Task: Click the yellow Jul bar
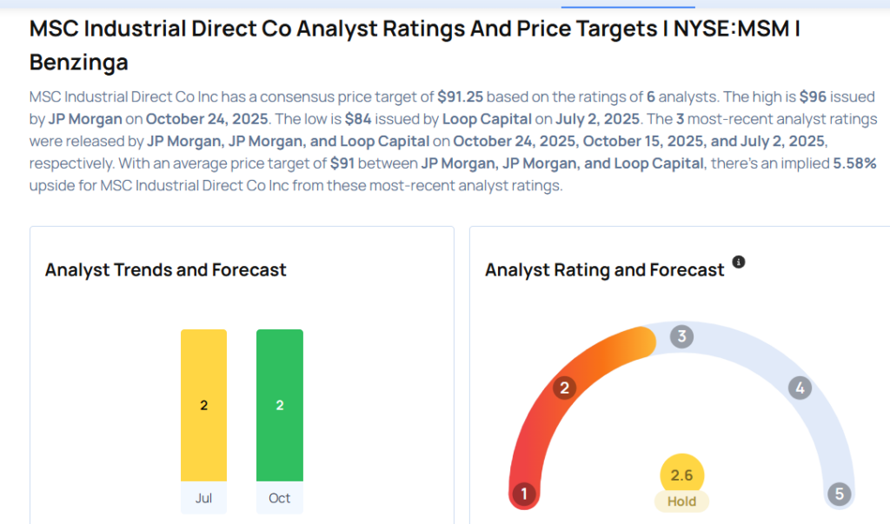[203, 405]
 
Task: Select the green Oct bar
[280, 405]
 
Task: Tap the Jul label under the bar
[203, 498]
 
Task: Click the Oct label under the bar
[280, 498]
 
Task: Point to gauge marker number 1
[523, 494]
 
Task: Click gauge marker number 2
[564, 388]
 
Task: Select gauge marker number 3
[682, 337]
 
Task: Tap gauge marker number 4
[800, 388]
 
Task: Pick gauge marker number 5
[840, 494]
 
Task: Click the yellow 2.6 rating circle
[682, 475]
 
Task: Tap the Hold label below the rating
[682, 501]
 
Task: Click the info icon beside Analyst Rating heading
[739, 262]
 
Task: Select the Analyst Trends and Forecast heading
[165, 270]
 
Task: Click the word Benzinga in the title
[78, 63]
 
